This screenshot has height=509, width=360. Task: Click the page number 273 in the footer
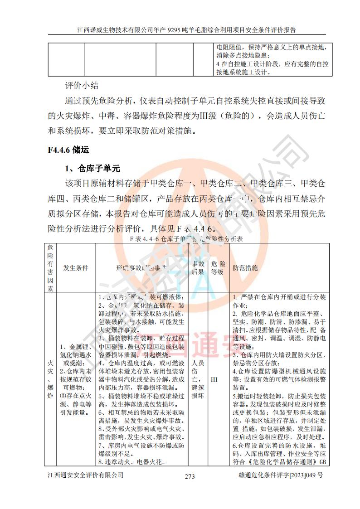(x=190, y=476)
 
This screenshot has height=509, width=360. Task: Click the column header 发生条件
(x=76, y=268)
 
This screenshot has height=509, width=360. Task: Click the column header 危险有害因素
(x=50, y=268)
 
